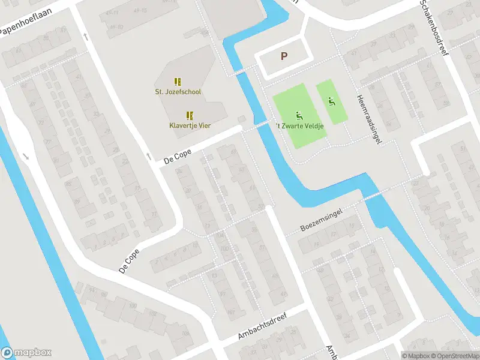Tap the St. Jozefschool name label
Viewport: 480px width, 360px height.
178,92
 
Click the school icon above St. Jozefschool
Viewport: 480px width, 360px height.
178,81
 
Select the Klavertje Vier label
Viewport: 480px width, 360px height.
190,125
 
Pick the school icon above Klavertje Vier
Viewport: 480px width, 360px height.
190,115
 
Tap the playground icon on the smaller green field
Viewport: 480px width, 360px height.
331,101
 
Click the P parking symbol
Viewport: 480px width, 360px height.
284,56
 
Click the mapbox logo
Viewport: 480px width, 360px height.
26,353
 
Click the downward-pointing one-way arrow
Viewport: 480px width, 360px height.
26,157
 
